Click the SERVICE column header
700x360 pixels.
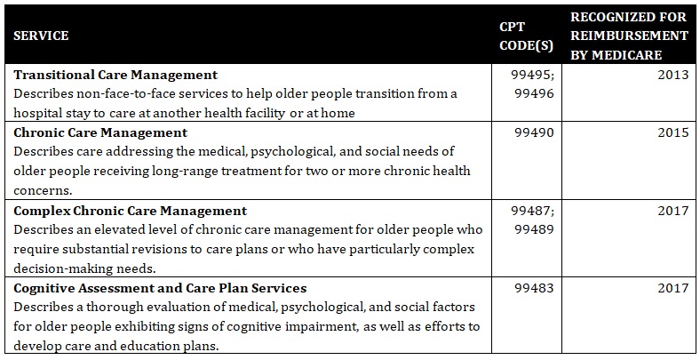[41, 36]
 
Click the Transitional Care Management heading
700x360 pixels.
[116, 75]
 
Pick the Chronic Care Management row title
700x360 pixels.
[100, 132]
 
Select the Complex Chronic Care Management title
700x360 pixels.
[130, 211]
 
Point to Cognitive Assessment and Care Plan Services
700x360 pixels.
[160, 288]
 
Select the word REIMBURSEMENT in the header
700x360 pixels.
[631, 36]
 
